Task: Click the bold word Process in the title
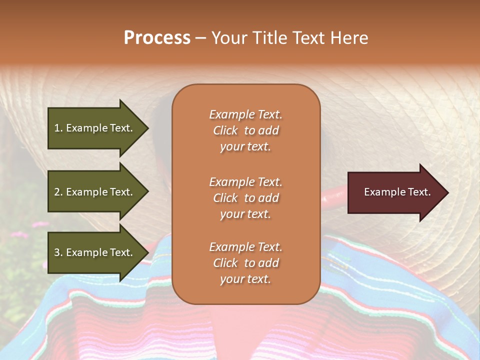point(157,38)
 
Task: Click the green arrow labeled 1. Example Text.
point(95,128)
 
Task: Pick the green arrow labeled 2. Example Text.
point(95,192)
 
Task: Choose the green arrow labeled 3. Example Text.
point(95,252)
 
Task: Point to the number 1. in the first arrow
point(58,128)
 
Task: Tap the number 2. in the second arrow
point(58,192)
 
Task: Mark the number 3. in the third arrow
point(58,252)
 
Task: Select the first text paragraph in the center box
point(245,130)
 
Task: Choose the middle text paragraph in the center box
point(245,198)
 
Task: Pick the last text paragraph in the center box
point(245,263)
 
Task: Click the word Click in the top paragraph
point(225,130)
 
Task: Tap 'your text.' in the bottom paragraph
point(245,279)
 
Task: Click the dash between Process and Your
point(200,38)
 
